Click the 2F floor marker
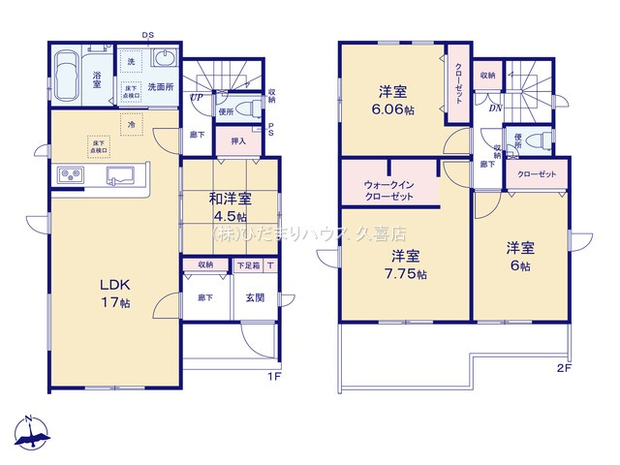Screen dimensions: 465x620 (x=566, y=368)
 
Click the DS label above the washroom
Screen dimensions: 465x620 (x=148, y=36)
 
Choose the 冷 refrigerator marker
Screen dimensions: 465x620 (x=130, y=123)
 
